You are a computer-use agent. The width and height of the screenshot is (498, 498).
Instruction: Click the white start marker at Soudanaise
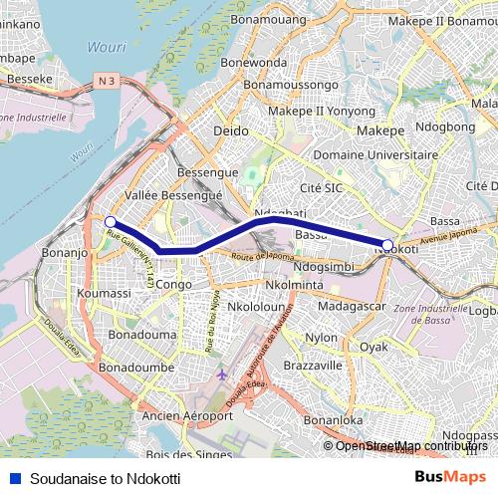[111, 222]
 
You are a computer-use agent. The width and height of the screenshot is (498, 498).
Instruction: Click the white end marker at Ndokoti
[387, 244]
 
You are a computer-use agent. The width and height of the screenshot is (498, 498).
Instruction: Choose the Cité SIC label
[321, 186]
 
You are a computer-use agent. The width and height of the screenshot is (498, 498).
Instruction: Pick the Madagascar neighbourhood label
[355, 307]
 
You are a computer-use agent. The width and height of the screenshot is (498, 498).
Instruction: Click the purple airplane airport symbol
[220, 375]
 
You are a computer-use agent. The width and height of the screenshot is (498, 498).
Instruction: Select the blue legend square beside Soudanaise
[13, 478]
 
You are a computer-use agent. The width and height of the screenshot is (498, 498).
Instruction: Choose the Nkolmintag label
[295, 285]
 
